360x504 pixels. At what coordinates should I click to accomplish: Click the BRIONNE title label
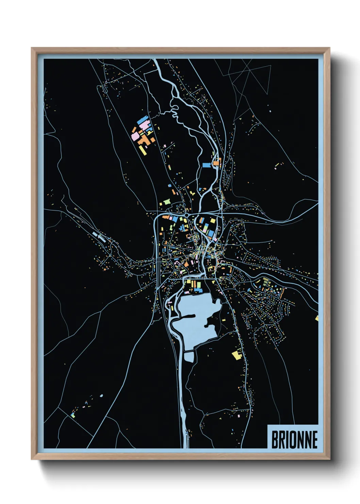pos(294,439)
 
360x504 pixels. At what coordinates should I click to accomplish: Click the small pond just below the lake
pos(189,357)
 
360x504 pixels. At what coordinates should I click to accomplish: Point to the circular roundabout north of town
pos(187,215)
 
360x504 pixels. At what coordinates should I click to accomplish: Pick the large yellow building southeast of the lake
pos(237,355)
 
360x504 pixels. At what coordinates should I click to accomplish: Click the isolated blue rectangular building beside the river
pos(207,165)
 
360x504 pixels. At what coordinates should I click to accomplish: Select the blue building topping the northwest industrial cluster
pos(142,121)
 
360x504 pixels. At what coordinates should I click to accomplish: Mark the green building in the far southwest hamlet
pos(73,415)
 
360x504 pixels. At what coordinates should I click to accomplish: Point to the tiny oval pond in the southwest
pos(101,396)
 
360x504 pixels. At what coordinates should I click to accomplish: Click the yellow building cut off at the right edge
pos(317,318)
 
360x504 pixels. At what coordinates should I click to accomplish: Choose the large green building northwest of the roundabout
pos(167,202)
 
